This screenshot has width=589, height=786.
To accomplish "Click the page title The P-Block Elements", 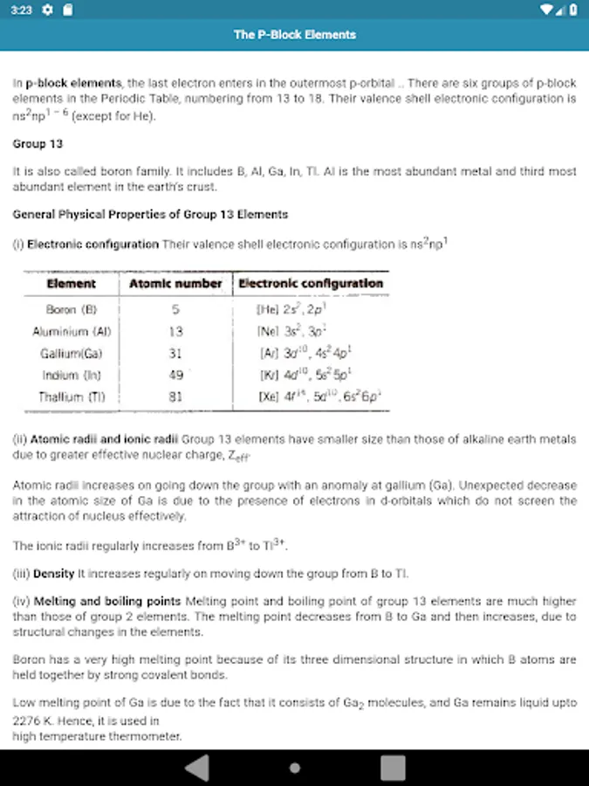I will (x=294, y=35).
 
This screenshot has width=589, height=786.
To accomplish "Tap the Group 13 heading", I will (x=38, y=143).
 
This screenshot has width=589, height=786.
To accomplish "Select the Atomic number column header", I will (x=175, y=284).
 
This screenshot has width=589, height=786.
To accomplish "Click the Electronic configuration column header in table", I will (x=311, y=284).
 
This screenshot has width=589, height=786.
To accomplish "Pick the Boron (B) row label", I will (x=72, y=310).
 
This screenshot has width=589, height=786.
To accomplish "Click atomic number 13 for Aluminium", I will (x=175, y=332).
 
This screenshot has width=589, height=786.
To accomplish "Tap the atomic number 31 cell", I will (x=175, y=354).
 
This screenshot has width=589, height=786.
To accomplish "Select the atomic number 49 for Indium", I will (x=175, y=376).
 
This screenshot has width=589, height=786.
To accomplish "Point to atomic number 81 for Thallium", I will (x=175, y=397).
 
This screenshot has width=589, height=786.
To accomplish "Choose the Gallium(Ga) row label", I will (x=72, y=354).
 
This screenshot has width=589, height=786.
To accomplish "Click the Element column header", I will (x=72, y=284).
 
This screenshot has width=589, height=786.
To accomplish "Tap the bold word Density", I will (x=53, y=574).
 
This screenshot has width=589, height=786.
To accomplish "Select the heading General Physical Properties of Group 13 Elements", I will (x=150, y=214).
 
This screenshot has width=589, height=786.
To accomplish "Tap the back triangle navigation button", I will (x=197, y=768).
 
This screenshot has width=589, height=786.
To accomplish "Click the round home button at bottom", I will (x=295, y=768).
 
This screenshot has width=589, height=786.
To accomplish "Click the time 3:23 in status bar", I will (x=22, y=10).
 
